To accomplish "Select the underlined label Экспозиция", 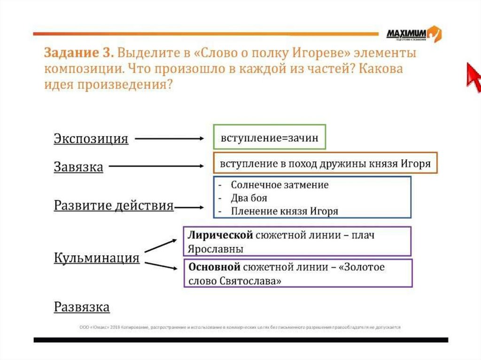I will (91, 139).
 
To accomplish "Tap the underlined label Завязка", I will (78, 167).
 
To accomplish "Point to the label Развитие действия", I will (114, 206).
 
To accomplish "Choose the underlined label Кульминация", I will (97, 258).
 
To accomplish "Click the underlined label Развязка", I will (82, 307).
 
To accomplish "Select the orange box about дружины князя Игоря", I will (325, 163).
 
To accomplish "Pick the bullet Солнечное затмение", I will (279, 185).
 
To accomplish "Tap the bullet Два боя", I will (249, 198).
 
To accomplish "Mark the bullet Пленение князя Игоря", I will (284, 211).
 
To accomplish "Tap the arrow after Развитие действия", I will (189, 207).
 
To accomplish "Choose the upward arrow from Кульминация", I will (160, 245).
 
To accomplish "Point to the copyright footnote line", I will (240, 327).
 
